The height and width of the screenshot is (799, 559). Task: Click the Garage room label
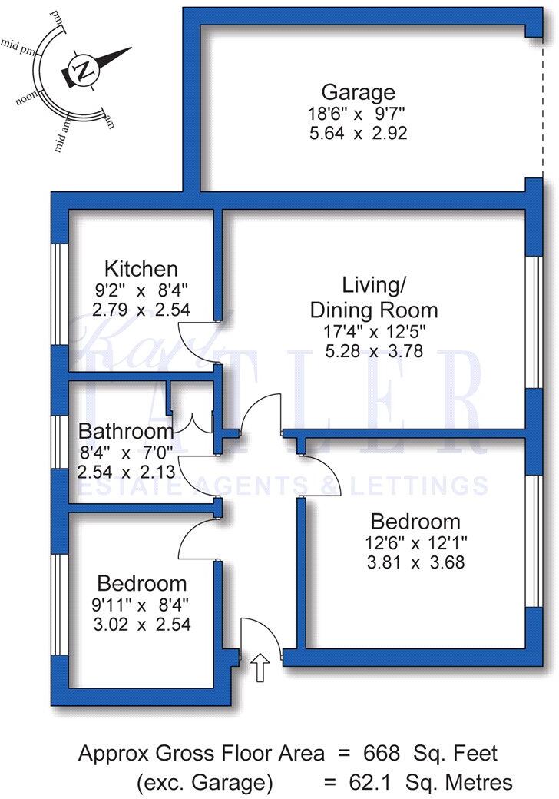point(358,93)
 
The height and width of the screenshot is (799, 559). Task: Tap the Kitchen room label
point(141,269)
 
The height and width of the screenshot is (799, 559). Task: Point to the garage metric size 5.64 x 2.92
point(358,132)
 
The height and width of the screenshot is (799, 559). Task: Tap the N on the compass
point(81,70)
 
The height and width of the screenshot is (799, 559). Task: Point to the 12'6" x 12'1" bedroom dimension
point(415,543)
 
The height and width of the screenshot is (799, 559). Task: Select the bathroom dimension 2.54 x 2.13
point(125,469)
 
